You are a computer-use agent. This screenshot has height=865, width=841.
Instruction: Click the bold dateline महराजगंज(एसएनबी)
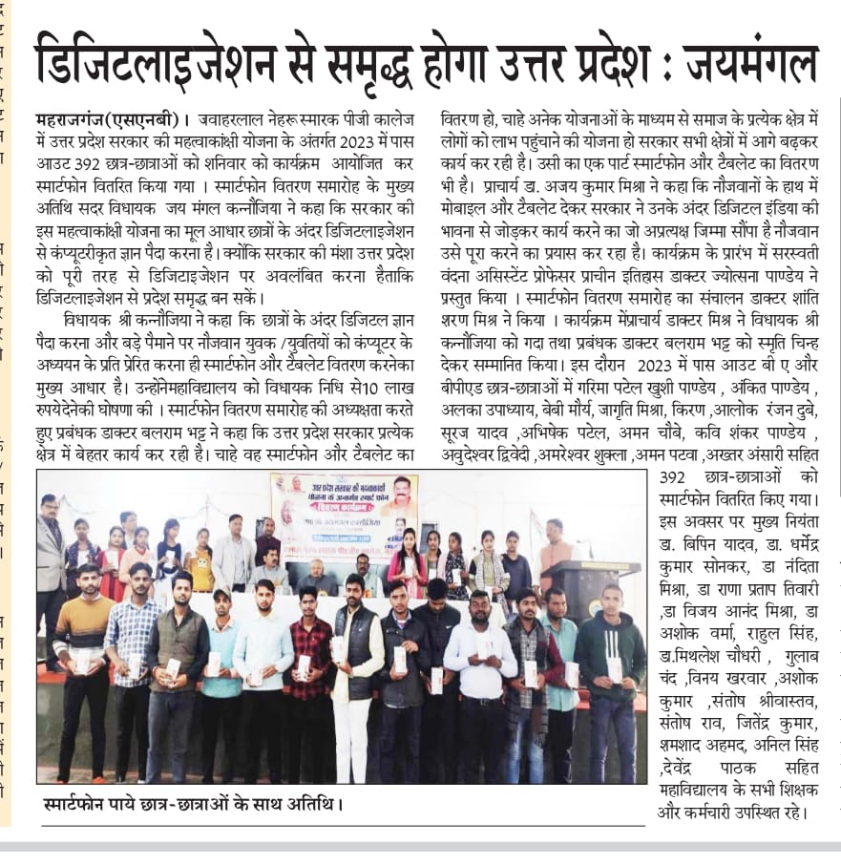click(x=105, y=120)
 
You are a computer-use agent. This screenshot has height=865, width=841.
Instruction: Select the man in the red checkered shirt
click(x=311, y=668)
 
